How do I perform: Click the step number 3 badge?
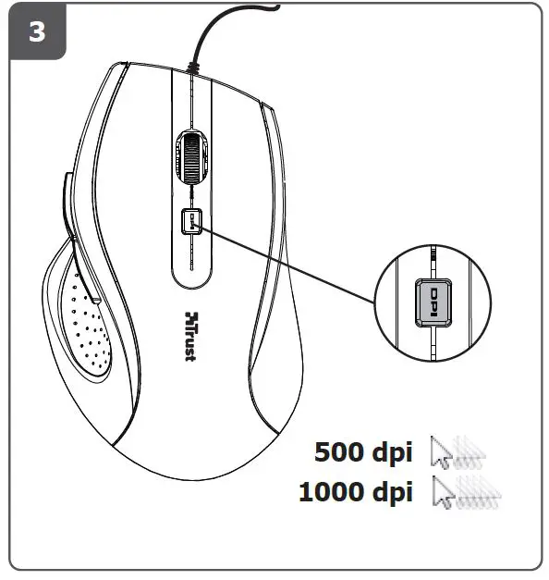click(x=36, y=31)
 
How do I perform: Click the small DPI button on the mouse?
click(x=192, y=220)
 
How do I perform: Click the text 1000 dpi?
click(x=355, y=491)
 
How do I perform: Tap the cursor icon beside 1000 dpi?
click(x=467, y=491)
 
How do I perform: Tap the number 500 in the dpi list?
click(x=340, y=452)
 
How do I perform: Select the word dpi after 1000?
click(x=391, y=492)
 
